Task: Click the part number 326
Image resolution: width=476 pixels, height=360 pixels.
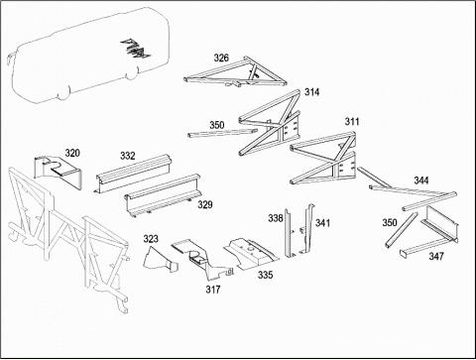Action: coord(221,58)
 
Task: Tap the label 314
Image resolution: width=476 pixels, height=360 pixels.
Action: coord(311,92)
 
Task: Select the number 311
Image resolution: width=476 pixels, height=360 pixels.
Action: coord(352,122)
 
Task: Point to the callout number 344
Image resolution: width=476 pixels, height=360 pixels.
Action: coord(421,180)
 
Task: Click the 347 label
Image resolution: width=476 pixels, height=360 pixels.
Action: coord(436,256)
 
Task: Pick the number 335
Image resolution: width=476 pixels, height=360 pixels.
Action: coord(266,275)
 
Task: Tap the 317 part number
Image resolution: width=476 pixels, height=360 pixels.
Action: coord(213,290)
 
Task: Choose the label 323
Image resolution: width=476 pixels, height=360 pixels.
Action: coord(151,239)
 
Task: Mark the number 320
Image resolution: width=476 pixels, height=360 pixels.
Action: coord(72,153)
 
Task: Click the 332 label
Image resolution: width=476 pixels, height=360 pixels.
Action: coord(128,156)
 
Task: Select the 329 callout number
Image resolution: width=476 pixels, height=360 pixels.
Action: coord(205,204)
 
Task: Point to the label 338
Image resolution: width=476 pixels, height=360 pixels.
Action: coord(276,218)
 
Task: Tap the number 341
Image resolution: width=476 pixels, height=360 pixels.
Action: coord(322,223)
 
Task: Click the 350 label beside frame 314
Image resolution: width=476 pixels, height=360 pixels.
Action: coord(217,125)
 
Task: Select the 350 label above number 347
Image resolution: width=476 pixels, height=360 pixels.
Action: coord(390,222)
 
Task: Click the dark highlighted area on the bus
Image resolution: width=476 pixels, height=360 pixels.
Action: coord(136,48)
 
